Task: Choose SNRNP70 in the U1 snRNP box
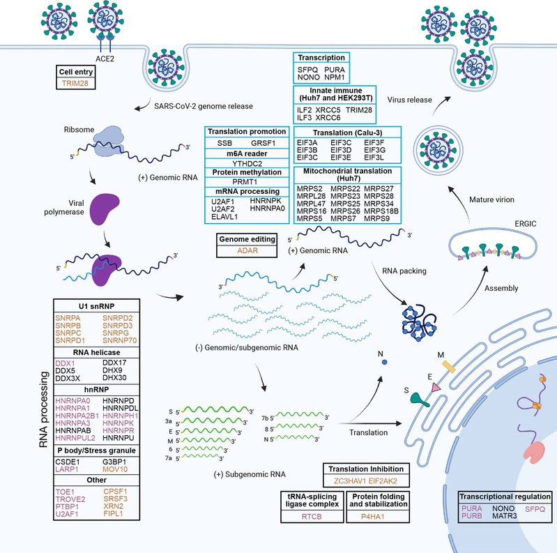click(124, 333)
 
